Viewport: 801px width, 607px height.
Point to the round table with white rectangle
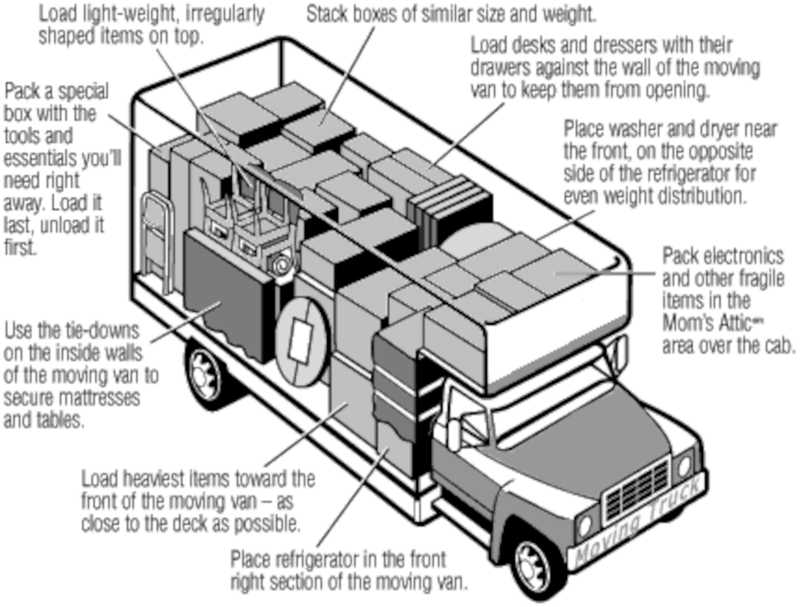coord(301,336)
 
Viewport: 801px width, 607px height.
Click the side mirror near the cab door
coord(455,433)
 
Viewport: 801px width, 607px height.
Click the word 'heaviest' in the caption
coord(174,479)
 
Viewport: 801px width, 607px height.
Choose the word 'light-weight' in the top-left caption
coord(129,14)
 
